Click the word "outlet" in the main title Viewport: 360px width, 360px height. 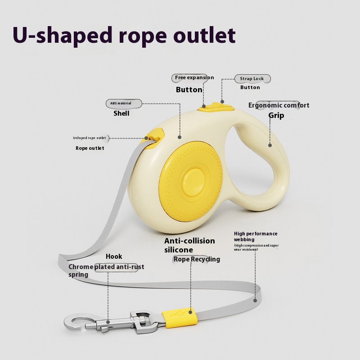(x=204, y=35)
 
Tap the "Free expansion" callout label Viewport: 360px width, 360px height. (x=194, y=77)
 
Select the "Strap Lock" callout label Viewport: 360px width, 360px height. (x=252, y=78)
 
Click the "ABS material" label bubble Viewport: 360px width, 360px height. (x=121, y=103)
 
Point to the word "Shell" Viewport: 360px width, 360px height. (x=121, y=113)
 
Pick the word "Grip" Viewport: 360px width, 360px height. (x=276, y=115)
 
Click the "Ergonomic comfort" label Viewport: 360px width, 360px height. (x=279, y=105)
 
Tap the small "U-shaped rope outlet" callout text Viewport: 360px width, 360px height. (x=90, y=138)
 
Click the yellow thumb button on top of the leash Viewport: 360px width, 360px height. (x=216, y=107)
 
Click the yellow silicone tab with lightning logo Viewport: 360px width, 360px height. (x=180, y=318)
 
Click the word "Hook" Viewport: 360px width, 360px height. (x=114, y=256)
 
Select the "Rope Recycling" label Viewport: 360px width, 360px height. (x=197, y=259)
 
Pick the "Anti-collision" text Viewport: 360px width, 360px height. (x=189, y=241)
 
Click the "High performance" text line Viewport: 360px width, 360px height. (x=256, y=234)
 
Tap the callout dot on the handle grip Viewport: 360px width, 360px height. (x=270, y=145)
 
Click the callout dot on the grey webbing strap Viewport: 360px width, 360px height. (x=255, y=300)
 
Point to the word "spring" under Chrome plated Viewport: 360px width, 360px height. (x=78, y=275)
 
